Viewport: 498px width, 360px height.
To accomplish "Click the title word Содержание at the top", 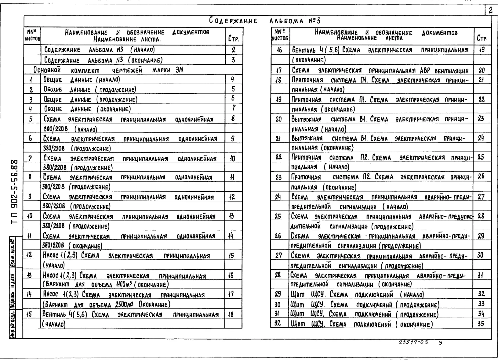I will pyautogui.click(x=233, y=21).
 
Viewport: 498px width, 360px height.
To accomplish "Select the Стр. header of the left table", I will pyautogui.click(x=233, y=39).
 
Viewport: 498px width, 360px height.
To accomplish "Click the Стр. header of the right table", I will pyautogui.click(x=482, y=38).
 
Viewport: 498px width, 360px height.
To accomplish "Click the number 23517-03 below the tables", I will pyautogui.click(x=414, y=342).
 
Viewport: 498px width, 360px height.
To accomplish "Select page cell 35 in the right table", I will pyautogui.click(x=481, y=324).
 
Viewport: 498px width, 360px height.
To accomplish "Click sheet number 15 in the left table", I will pyautogui.click(x=30, y=314).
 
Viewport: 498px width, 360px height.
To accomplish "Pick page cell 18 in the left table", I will pyautogui.click(x=231, y=315).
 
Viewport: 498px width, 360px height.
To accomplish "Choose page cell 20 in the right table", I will pyautogui.click(x=482, y=70).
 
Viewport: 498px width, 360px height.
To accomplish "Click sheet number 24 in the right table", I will pyautogui.click(x=278, y=197).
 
